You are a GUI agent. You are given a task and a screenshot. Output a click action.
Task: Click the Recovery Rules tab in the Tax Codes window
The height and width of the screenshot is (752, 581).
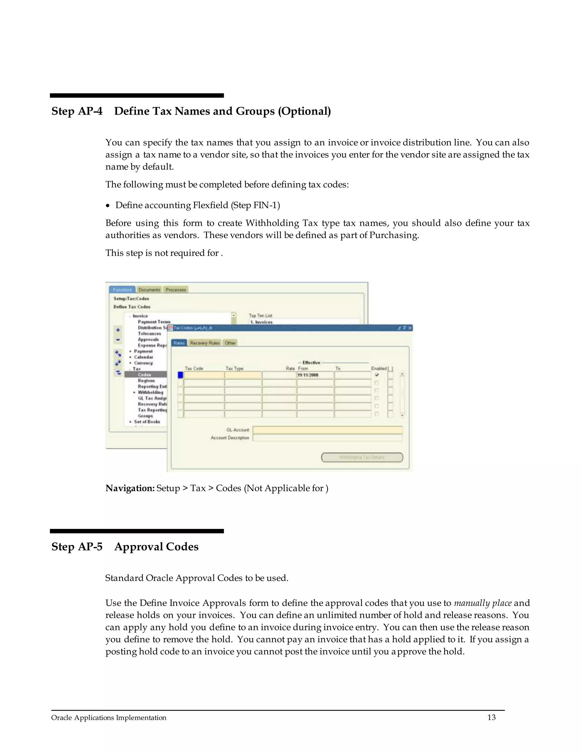(x=205, y=343)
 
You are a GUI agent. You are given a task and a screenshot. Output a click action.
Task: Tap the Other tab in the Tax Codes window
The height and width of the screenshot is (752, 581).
(x=230, y=343)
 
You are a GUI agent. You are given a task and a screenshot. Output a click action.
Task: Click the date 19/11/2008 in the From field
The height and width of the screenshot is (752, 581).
(x=308, y=375)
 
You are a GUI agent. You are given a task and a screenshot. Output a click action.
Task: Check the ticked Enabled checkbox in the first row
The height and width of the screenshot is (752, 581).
(x=376, y=375)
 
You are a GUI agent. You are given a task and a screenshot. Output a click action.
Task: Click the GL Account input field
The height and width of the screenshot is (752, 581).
(x=327, y=430)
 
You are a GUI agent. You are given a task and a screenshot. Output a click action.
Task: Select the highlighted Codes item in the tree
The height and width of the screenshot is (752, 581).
(x=145, y=375)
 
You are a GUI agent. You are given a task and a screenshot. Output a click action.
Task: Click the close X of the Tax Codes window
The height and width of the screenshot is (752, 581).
(x=410, y=328)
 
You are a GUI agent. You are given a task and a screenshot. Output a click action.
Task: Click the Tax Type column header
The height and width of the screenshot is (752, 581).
(x=234, y=368)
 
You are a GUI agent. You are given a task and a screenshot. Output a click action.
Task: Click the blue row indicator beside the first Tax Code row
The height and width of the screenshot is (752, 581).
(x=180, y=375)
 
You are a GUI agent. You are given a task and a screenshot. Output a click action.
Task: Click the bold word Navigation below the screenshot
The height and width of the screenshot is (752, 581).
(x=130, y=488)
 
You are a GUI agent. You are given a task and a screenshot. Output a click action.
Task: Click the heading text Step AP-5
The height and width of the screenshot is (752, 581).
(x=77, y=547)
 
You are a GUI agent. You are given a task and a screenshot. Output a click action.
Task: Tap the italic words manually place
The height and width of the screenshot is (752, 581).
(x=483, y=603)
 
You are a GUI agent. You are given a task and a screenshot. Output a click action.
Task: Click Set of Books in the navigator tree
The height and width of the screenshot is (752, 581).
(x=147, y=421)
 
